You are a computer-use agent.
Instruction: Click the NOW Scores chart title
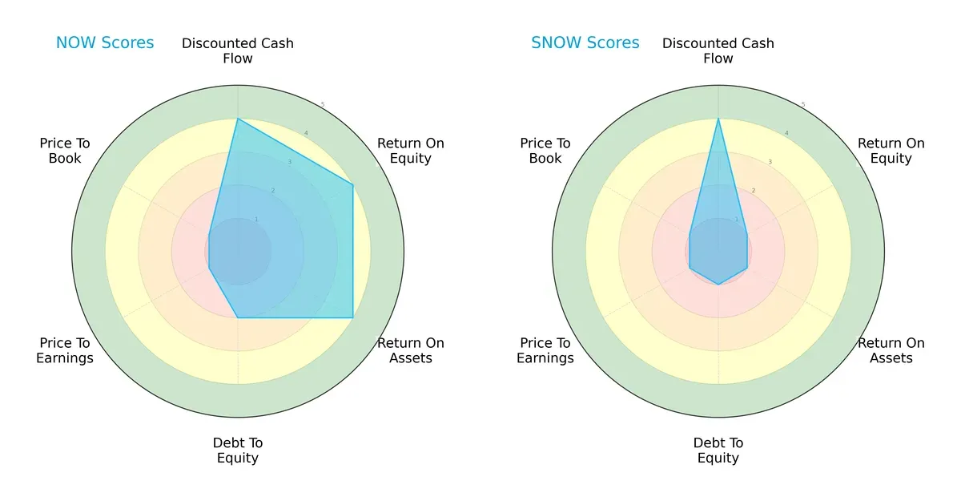(105, 42)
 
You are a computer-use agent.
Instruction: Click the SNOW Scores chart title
(585, 42)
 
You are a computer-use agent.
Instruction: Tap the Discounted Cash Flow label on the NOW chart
(238, 51)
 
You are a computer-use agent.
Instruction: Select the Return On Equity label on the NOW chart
(411, 151)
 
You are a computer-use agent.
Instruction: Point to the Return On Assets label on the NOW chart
(411, 350)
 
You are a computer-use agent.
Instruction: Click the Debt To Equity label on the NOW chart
(238, 450)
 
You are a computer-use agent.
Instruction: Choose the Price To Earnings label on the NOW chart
(65, 350)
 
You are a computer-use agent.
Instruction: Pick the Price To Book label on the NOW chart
(65, 151)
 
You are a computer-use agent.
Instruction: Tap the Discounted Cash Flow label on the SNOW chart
(718, 51)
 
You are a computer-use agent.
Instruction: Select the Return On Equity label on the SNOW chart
(891, 151)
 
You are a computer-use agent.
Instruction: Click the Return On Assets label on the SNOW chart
(891, 350)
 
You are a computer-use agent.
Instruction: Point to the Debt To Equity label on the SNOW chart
(718, 450)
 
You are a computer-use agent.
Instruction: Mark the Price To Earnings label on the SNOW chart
(545, 350)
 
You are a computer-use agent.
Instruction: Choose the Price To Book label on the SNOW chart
(545, 151)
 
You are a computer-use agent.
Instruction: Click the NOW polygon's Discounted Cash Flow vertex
(238, 119)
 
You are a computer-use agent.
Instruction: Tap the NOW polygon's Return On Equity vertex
(353, 185)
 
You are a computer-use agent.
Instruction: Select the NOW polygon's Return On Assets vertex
(353, 318)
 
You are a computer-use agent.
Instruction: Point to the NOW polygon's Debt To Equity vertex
(238, 318)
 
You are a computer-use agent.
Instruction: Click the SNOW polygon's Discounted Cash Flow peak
(718, 119)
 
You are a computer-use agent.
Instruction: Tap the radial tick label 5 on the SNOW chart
(803, 104)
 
